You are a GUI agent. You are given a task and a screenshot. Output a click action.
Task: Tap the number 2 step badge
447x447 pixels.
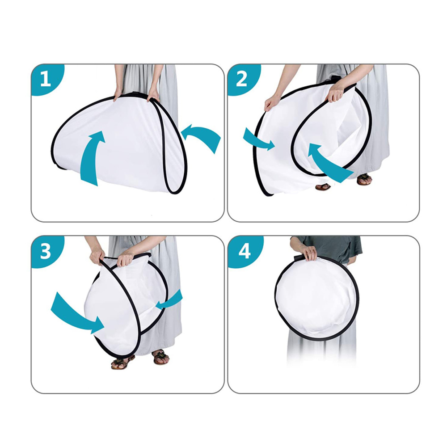coord(241,79)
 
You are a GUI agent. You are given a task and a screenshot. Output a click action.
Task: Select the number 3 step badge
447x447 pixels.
coord(45,251)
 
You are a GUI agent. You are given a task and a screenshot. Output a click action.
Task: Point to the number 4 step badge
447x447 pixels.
coord(244,251)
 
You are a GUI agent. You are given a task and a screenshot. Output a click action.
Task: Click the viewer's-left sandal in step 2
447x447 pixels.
coord(323,186)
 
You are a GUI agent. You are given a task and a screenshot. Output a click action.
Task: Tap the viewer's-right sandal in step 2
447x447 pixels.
coord(364,179)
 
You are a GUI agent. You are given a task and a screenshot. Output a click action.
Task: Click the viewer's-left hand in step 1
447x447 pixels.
coord(118,94)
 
